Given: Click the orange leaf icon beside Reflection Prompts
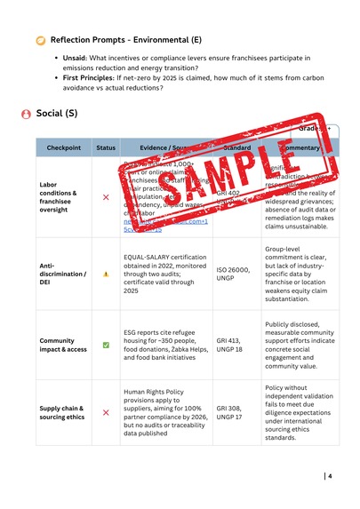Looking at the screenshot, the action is tap(40, 42).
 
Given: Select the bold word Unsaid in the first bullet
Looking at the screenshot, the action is tap(76, 58).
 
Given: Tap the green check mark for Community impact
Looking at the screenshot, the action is tap(106, 345).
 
